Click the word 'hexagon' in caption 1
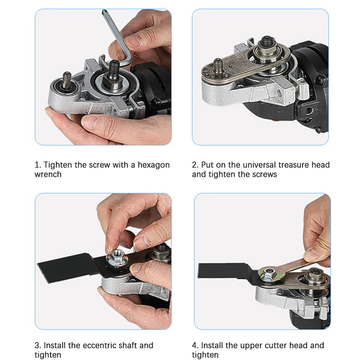154,165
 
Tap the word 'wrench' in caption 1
48,174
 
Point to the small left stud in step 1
67,81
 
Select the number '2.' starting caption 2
195,165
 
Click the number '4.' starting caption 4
195,345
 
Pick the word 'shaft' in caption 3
128,345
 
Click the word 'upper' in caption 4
229,346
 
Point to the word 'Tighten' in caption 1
58,165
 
